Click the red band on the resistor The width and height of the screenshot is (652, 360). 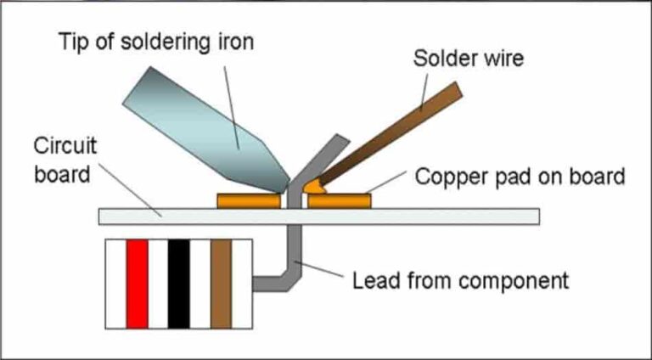138,284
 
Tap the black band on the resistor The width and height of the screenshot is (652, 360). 178,284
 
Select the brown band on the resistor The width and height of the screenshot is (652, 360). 221,284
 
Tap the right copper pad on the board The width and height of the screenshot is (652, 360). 339,201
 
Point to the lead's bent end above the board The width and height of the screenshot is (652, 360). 327,153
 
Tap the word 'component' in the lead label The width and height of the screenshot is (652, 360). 518,278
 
